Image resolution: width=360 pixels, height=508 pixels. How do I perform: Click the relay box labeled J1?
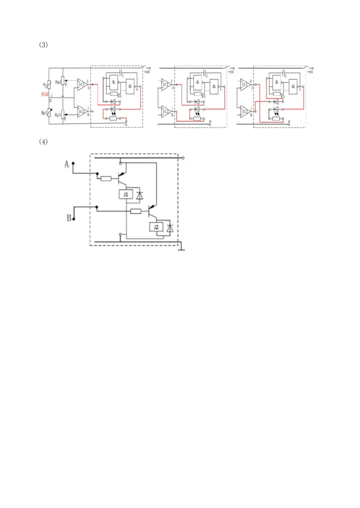coord(126,195)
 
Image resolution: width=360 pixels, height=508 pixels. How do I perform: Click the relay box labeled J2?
coord(156,228)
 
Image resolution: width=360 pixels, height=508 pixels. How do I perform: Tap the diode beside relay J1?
coord(139,195)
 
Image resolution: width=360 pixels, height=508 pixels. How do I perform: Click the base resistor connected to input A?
coord(106,179)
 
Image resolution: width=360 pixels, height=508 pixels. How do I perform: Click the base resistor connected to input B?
coord(135,211)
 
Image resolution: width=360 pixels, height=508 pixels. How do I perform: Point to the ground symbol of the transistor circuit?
coord(180,247)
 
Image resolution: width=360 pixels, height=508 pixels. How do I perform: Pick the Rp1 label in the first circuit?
coord(45,112)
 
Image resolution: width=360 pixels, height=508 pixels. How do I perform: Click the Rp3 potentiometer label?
coord(58,115)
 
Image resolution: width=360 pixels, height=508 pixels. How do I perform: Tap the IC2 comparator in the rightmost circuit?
coord(245,110)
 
